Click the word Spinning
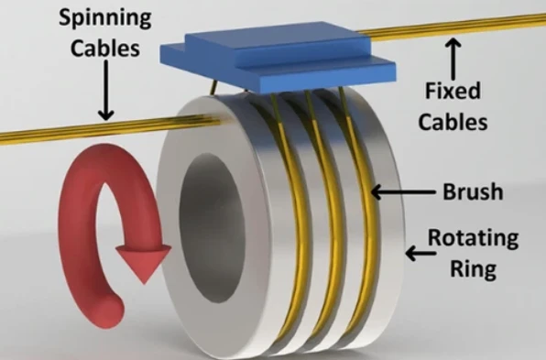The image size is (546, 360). [105, 19]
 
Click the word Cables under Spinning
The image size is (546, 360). [105, 48]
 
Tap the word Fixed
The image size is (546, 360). [453, 91]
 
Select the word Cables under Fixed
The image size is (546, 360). [453, 122]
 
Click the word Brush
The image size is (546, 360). [473, 191]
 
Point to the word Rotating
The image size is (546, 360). [473, 238]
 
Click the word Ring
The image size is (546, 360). [473, 268]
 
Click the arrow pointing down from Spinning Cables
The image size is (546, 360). [105, 90]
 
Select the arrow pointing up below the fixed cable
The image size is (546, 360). [453, 60]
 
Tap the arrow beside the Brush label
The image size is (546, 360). [403, 191]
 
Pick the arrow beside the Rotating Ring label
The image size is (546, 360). [420, 253]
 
